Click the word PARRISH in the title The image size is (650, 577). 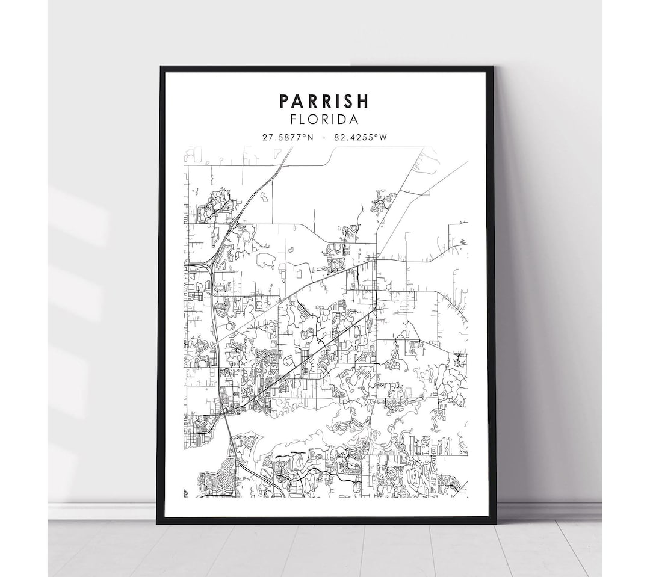tap(324, 100)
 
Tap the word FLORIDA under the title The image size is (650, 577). tap(324, 120)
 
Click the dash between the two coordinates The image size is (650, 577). tap(324, 137)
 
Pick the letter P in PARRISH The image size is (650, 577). tap(283, 100)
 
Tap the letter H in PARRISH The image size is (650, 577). tap(365, 100)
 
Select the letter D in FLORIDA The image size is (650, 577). tap(344, 120)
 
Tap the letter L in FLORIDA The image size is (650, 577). tap(304, 120)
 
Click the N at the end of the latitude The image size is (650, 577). tap(311, 137)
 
